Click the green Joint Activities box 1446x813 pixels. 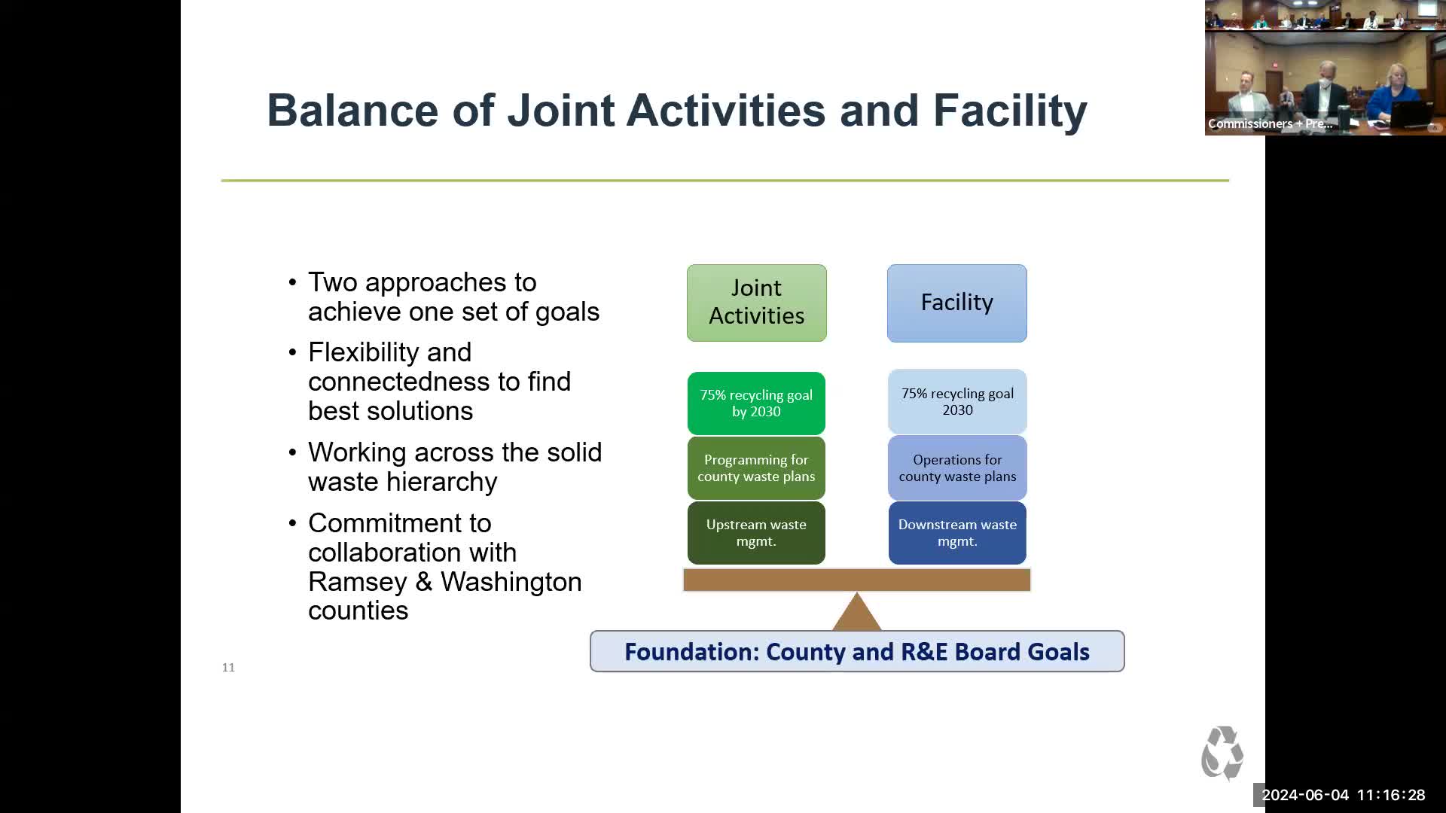(756, 303)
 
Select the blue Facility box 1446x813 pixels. (956, 303)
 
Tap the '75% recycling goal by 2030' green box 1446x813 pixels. (756, 403)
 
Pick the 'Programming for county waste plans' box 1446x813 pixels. (756, 467)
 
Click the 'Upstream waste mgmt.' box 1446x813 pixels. (756, 532)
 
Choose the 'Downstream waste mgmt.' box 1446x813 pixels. (957, 532)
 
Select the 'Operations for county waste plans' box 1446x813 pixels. (957, 467)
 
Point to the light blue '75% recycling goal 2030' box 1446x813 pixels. (957, 401)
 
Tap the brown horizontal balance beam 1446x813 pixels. (857, 580)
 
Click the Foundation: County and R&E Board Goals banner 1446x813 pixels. (857, 651)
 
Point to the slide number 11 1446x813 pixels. (228, 668)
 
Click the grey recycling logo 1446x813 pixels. (1222, 753)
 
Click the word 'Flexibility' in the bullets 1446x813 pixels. (389, 352)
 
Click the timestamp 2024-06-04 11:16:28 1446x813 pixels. (1344, 795)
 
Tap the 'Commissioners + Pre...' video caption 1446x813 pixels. (1270, 123)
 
